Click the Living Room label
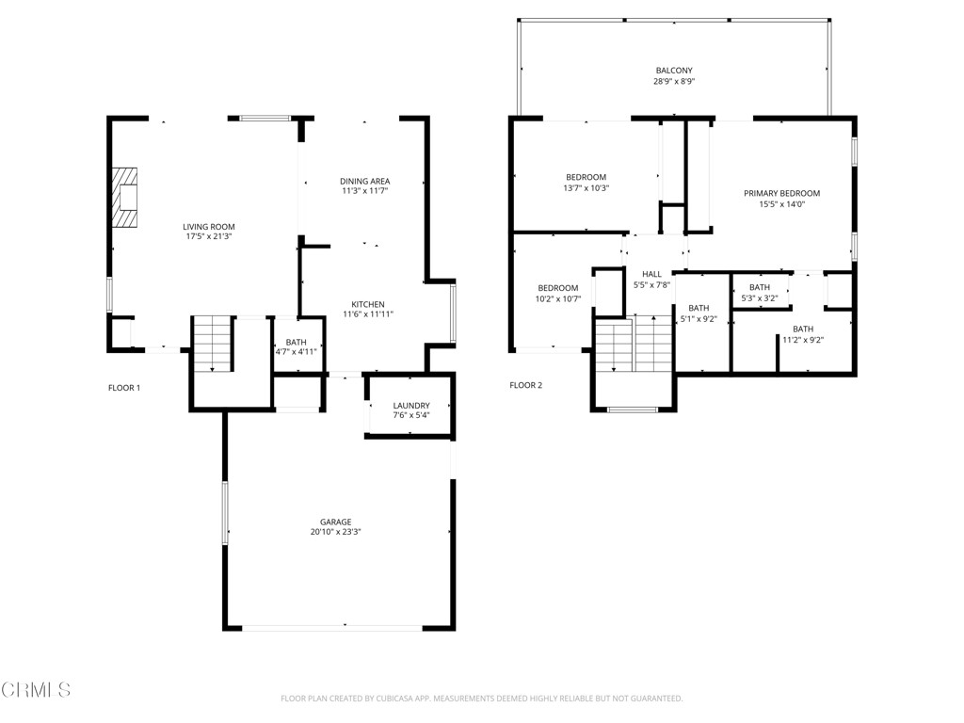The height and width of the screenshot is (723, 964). click(208, 226)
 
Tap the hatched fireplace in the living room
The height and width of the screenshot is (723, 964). click(124, 198)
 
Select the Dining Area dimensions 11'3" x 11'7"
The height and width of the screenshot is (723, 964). click(364, 191)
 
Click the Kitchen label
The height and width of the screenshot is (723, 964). click(367, 304)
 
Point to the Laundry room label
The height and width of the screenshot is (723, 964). click(411, 406)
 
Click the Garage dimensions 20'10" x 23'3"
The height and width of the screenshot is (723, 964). click(335, 532)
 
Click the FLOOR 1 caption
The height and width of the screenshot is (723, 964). click(123, 387)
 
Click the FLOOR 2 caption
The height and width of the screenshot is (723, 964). click(525, 385)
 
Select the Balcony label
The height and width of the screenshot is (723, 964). click(674, 71)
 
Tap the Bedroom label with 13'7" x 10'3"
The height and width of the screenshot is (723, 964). click(586, 177)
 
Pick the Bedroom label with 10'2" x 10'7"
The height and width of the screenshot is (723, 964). click(558, 288)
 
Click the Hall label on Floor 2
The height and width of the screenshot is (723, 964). click(651, 274)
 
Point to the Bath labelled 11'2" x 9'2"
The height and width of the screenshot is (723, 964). click(802, 329)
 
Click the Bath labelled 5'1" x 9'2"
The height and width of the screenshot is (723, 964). click(698, 308)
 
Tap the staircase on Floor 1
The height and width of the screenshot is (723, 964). click(213, 344)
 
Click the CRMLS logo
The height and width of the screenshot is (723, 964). click(36, 690)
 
